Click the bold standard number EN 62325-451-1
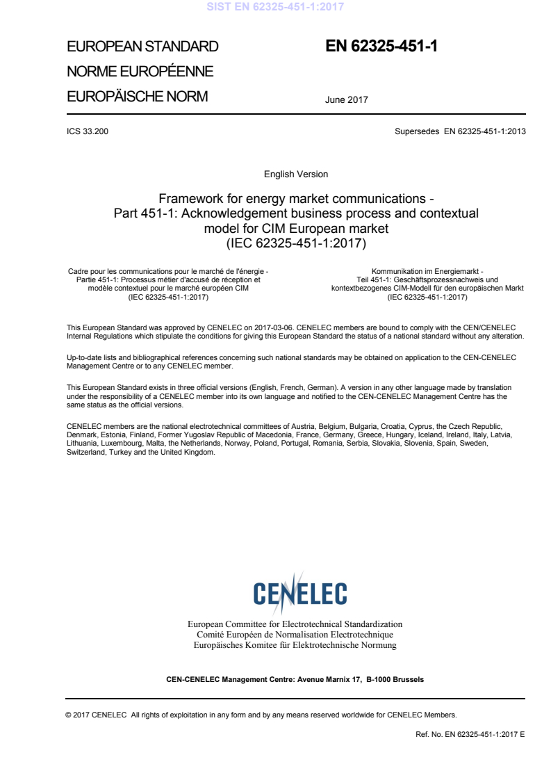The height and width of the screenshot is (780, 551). [x=381, y=47]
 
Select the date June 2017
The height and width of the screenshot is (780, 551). [x=346, y=99]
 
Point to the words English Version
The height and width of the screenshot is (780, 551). [x=296, y=174]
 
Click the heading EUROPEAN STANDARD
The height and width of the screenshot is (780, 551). [x=142, y=47]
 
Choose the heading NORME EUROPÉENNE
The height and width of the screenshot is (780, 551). [x=139, y=72]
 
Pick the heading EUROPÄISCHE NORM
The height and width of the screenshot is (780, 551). [x=137, y=97]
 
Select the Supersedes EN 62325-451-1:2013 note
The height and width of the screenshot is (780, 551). [x=459, y=131]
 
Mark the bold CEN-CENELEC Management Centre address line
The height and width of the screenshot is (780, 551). [x=295, y=679]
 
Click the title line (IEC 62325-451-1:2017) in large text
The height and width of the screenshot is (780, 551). [x=296, y=243]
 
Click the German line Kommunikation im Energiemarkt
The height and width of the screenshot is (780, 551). [x=427, y=270]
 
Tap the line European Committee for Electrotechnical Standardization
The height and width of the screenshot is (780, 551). [x=295, y=624]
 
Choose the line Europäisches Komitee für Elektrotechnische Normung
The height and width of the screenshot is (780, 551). [x=295, y=645]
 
